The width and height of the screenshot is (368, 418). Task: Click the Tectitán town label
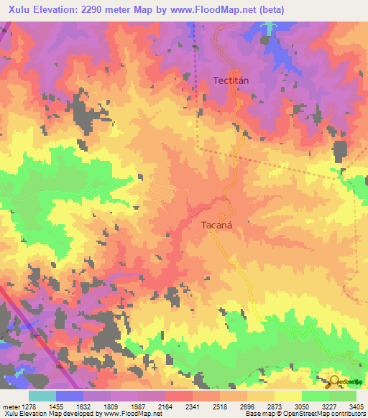point(231,80)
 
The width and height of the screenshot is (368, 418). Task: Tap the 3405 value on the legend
point(355,406)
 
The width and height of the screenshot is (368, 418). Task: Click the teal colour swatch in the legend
point(42,396)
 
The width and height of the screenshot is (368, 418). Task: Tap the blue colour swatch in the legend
point(70,396)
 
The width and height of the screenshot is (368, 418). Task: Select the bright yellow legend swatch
point(287,396)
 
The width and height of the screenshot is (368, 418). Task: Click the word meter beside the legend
point(9,406)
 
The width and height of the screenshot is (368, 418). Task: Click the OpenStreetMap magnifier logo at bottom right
point(333,381)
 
